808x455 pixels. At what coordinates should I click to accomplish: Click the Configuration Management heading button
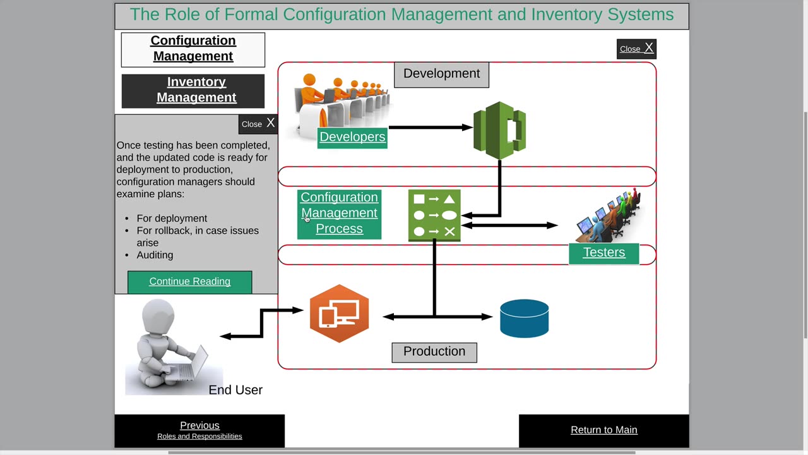tap(193, 49)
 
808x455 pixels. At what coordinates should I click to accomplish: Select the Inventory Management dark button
tap(196, 90)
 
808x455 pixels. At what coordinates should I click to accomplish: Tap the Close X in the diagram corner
tap(636, 49)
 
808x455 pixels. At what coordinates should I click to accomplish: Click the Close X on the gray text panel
tap(258, 124)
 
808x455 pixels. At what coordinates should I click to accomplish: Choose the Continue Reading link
tap(189, 282)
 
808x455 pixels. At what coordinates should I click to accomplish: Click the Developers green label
tap(352, 137)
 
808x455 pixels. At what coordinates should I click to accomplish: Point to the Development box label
tap(441, 74)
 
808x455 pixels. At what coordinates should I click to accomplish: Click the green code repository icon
tap(499, 130)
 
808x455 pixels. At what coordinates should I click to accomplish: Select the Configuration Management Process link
tap(339, 214)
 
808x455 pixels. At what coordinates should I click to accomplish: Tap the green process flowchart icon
tap(434, 215)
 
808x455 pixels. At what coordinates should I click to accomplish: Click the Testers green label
tap(603, 253)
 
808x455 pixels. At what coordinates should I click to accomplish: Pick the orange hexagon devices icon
tap(339, 314)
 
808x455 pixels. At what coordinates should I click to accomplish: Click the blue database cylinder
tap(524, 318)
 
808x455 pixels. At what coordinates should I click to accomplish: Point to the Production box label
tap(434, 352)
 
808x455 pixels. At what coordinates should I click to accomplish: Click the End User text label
tap(235, 391)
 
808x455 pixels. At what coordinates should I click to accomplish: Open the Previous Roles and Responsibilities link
tap(199, 430)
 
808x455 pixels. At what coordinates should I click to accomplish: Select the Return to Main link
tap(603, 430)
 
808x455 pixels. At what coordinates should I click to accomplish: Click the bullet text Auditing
tap(155, 255)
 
